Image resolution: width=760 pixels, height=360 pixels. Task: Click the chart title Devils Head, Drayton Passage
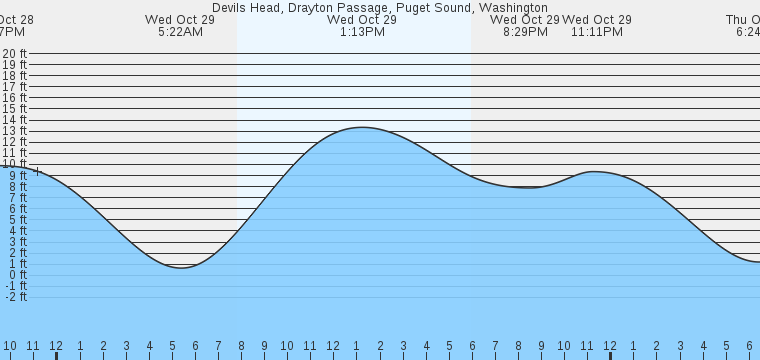click(x=379, y=7)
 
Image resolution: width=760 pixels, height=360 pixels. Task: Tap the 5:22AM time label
click(x=180, y=32)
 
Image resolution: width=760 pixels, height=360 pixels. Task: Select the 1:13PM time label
click(x=361, y=32)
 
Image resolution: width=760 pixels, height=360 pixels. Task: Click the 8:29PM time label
click(x=525, y=32)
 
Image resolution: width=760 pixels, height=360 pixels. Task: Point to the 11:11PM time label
click(x=597, y=32)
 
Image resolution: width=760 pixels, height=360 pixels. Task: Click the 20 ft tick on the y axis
click(x=14, y=54)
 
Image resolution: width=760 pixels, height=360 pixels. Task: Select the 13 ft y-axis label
click(x=14, y=131)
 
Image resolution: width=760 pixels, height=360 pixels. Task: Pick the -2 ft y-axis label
click(x=14, y=296)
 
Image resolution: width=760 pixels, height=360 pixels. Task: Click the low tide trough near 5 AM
click(x=180, y=267)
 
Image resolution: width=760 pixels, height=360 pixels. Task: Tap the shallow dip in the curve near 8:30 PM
click(x=527, y=187)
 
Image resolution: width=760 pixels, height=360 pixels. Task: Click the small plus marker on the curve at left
click(x=37, y=171)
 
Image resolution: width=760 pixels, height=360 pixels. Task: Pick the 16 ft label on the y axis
click(x=14, y=98)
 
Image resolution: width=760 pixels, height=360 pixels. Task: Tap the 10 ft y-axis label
click(x=14, y=164)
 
